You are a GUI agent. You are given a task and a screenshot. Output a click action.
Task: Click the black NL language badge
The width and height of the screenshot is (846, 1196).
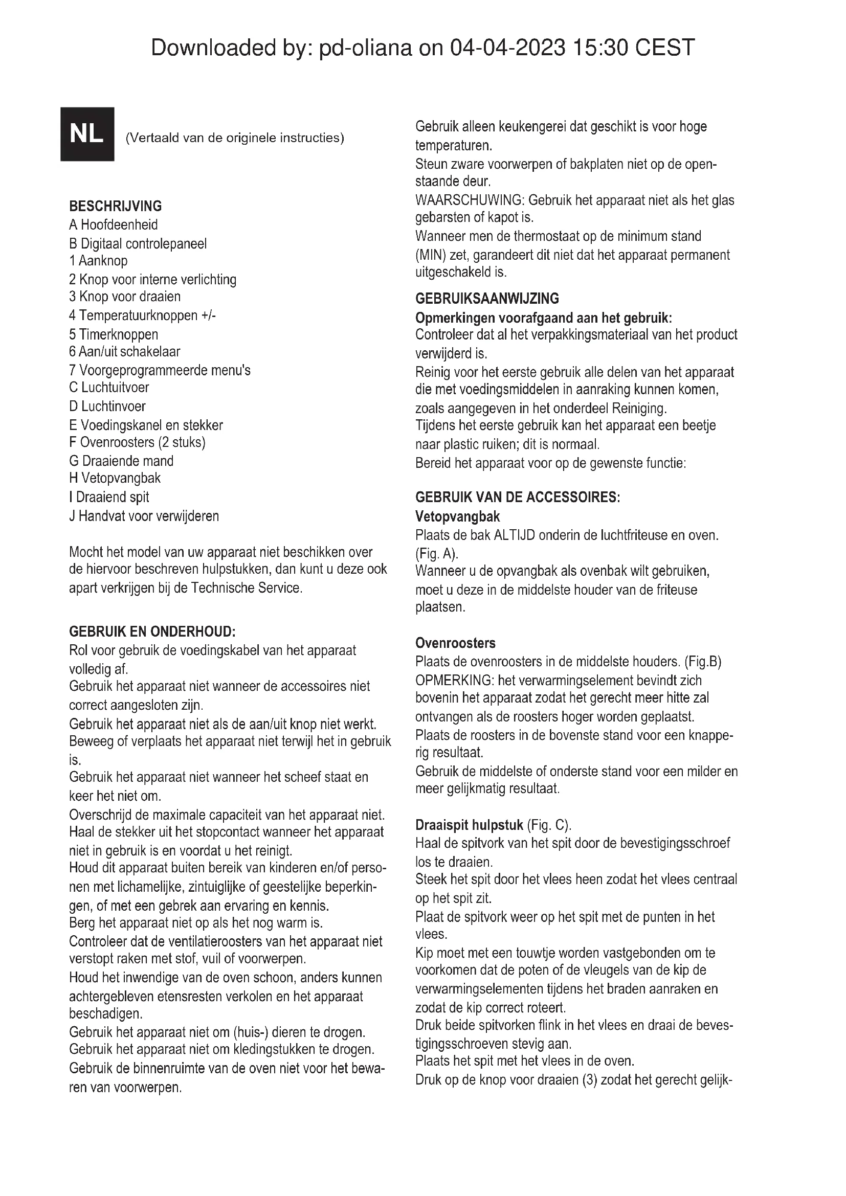pos(87,134)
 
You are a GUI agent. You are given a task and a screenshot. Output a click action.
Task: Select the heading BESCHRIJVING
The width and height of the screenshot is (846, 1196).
pos(115,206)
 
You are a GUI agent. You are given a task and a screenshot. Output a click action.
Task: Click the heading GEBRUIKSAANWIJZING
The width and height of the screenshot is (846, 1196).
pos(486,299)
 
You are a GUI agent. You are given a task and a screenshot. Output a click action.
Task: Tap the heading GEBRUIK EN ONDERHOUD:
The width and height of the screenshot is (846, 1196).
pos(152,632)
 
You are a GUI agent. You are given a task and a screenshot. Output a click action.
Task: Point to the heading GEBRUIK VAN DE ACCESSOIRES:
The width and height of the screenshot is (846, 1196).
pos(517,498)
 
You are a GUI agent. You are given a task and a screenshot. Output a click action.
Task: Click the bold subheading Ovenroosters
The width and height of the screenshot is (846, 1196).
pos(455,643)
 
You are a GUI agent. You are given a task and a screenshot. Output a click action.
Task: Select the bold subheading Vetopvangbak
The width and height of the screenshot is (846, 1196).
pos(457,517)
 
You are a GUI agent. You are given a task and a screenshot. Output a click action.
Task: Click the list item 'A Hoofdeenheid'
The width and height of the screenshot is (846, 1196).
pos(113,225)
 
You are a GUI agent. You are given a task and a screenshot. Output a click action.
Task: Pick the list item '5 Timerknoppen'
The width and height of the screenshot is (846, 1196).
pos(113,334)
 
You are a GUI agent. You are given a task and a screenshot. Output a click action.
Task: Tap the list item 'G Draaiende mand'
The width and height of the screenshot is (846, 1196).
pos(121,461)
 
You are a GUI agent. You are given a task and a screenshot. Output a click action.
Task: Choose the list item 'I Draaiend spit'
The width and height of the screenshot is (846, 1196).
pos(109,497)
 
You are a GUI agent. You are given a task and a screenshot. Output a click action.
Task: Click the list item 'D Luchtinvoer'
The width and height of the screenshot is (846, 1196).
pos(107,407)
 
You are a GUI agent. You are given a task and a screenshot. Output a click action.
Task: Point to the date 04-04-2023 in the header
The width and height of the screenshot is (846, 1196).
pos(507,48)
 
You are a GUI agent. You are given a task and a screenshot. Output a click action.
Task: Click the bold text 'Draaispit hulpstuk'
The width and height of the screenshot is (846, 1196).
pos(469,826)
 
